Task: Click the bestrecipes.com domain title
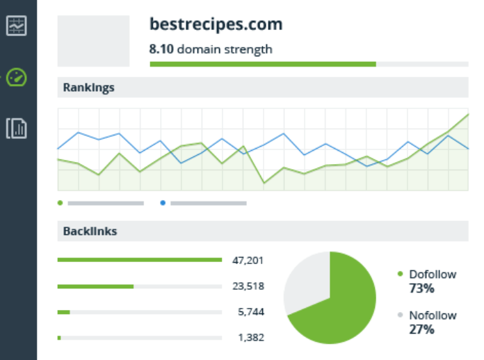216,25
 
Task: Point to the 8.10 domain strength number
161,49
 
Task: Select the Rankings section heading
89,88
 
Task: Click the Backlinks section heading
90,231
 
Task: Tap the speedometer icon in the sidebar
16,77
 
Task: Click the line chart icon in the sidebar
16,26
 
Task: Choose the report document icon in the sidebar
16,129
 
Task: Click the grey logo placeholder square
93,41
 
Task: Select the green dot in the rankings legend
60,203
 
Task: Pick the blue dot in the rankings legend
163,203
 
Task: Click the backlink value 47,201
248,261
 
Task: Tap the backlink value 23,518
248,286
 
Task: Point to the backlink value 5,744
250,312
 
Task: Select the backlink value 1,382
250,337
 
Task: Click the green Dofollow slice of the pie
341,309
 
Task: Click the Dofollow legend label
433,275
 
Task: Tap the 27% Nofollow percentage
421,329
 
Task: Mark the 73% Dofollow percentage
421,288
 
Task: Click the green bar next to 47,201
139,260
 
